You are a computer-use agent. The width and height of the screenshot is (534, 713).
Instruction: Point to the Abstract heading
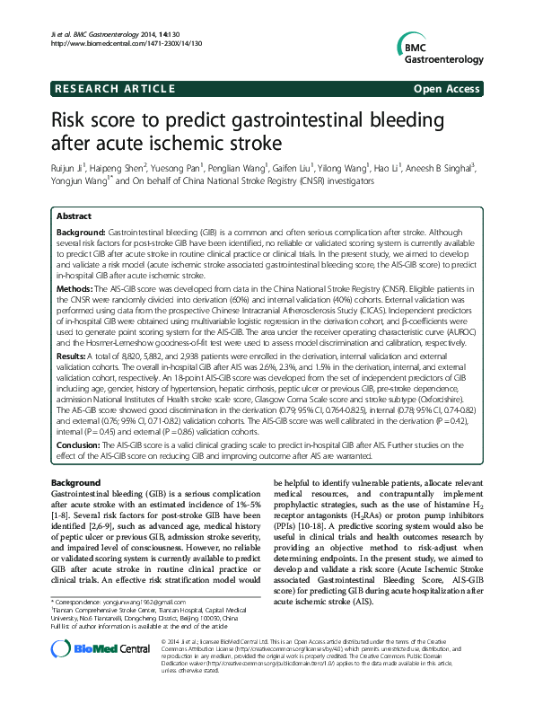[74, 217]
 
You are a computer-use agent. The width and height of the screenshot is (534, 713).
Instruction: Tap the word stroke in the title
[252, 144]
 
